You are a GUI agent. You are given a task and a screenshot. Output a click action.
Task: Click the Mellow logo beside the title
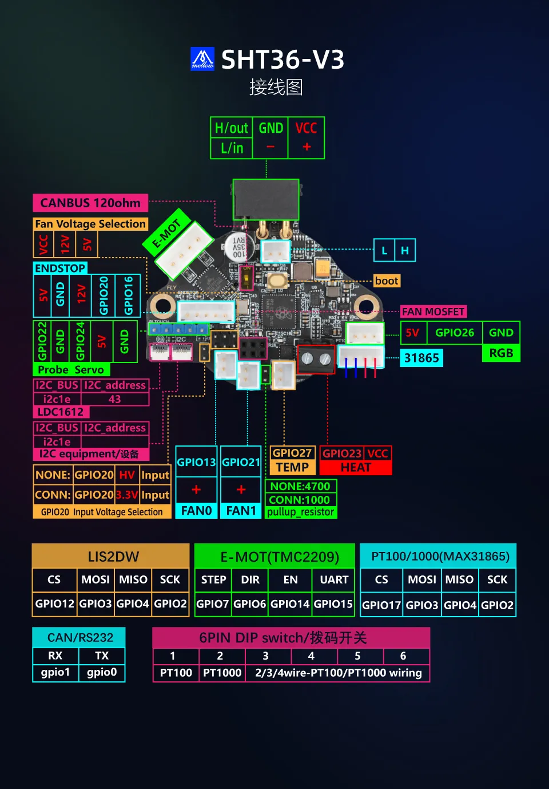[202, 59]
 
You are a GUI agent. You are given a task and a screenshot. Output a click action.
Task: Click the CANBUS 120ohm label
[90, 203]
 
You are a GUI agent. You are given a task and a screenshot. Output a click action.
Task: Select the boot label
[387, 281]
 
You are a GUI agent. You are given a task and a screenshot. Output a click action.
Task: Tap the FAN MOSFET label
[433, 311]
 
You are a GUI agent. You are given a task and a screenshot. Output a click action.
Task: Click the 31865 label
[421, 358]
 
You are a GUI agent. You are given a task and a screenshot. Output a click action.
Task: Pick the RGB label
[501, 353]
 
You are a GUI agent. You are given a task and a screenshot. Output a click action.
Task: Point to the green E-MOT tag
[166, 235]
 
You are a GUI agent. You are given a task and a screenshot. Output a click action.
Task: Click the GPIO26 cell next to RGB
[455, 333]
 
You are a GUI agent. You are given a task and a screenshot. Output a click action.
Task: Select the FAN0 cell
[196, 510]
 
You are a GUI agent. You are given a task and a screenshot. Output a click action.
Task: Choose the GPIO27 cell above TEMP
[292, 453]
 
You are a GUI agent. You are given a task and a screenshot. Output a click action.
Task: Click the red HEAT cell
[356, 467]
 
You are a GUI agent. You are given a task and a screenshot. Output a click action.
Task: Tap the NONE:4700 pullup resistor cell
[300, 486]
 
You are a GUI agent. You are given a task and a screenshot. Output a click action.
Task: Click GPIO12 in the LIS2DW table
[55, 603]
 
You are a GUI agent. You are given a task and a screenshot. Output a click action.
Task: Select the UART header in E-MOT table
[334, 579]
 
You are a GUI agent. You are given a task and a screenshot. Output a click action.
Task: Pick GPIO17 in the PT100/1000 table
[381, 605]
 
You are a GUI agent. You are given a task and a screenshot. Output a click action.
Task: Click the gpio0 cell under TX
[102, 672]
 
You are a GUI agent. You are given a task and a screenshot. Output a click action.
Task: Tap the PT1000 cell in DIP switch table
[222, 673]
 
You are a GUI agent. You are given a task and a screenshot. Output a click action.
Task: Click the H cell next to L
[405, 250]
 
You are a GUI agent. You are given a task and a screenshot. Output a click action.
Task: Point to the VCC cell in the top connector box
[306, 128]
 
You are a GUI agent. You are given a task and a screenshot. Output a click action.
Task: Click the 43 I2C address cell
[114, 399]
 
